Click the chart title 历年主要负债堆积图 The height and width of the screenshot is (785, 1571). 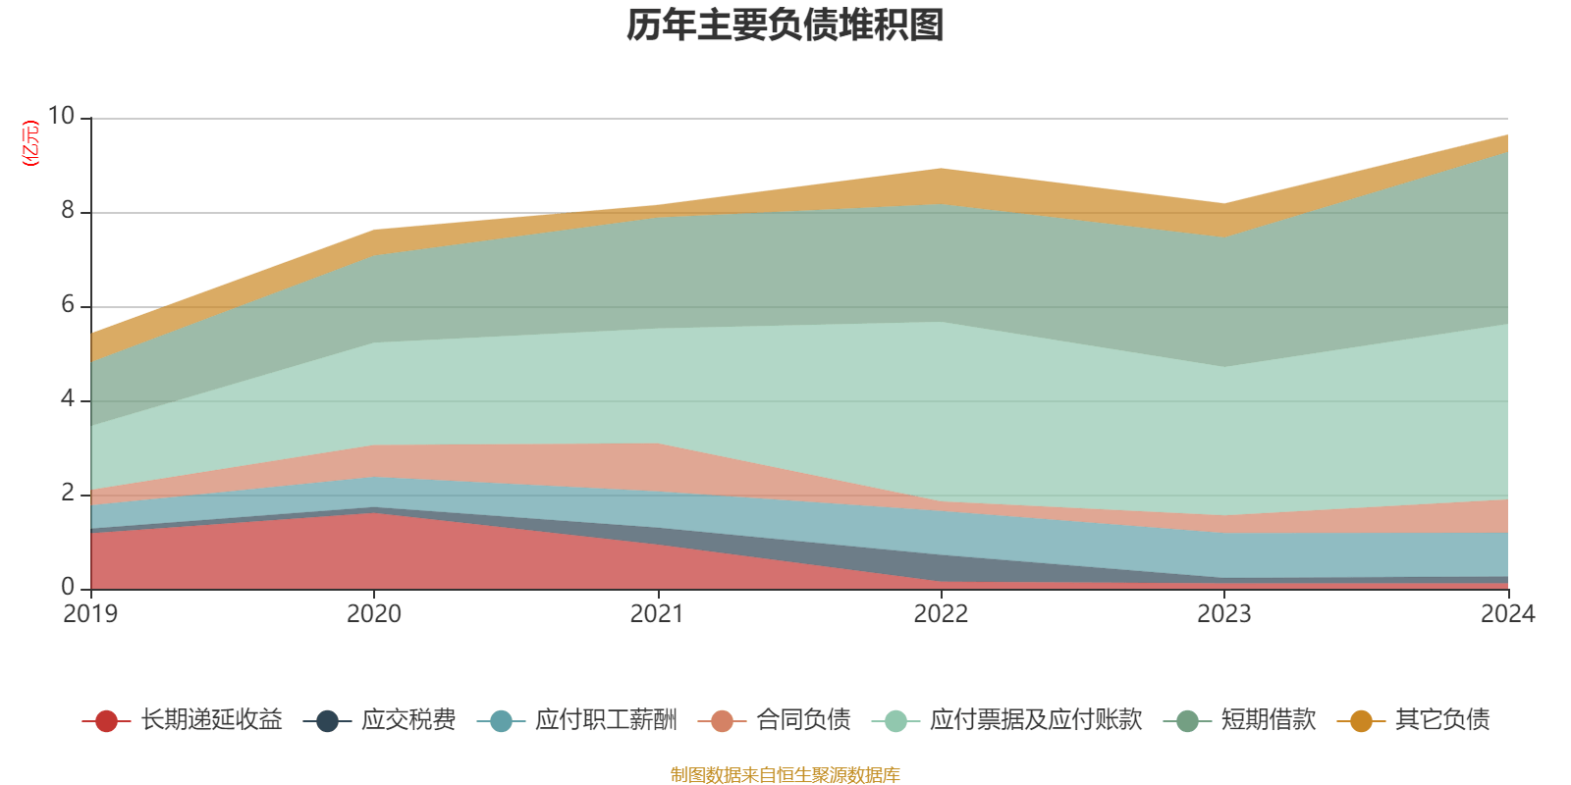coord(785,26)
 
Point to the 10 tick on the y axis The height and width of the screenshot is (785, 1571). coord(61,117)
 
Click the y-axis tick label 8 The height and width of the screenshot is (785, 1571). coord(67,211)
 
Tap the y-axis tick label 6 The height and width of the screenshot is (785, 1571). coord(67,305)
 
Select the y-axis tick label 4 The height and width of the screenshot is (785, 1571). coord(67,399)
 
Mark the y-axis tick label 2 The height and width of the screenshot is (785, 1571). coord(67,494)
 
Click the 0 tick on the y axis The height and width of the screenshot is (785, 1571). coord(67,588)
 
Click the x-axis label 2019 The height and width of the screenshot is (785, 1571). coord(90,614)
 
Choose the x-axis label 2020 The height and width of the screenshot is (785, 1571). coord(373,614)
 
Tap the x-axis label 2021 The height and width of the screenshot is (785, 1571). coord(657,614)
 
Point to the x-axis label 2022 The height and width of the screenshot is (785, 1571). coord(941,614)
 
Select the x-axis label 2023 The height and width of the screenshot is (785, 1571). coord(1223,614)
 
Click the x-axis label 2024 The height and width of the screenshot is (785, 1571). coord(1506,614)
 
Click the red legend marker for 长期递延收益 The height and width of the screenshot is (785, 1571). coord(107,721)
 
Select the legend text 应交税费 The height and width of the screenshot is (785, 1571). coord(408,720)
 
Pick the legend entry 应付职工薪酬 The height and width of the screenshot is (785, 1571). coord(606,720)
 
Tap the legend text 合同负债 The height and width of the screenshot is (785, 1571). coord(803,720)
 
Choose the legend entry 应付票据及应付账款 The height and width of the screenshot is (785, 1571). coord(1035,720)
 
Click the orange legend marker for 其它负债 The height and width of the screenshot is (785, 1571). coord(1361,721)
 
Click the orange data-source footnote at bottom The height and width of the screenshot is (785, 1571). coord(785,775)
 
